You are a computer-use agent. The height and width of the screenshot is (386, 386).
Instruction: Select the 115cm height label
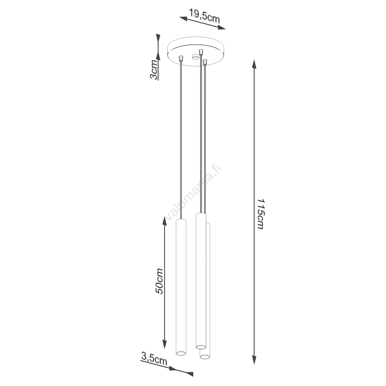260,213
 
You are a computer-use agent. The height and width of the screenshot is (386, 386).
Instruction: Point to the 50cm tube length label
159,281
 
